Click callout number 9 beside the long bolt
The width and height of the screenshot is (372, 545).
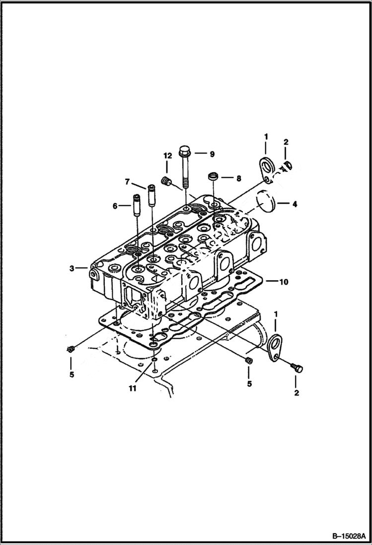point(212,154)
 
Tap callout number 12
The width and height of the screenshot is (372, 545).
point(167,156)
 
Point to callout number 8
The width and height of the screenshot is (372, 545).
point(238,177)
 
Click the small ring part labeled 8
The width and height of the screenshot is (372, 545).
point(213,176)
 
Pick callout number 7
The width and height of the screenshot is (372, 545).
point(127,182)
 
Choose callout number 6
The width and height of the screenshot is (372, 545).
point(115,206)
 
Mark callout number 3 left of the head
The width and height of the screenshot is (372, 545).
point(72,268)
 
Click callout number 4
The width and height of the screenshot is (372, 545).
point(294,204)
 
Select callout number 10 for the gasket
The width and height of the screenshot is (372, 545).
point(284,282)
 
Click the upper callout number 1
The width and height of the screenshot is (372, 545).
point(266,136)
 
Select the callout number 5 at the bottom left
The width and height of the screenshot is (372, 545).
point(72,374)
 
